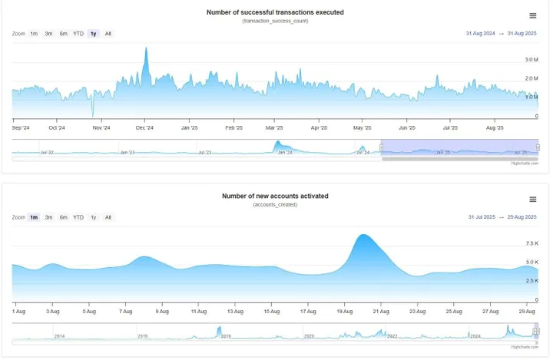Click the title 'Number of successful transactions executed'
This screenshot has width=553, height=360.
(x=275, y=12)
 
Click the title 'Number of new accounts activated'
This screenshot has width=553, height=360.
(x=275, y=196)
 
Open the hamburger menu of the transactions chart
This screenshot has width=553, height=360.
(x=533, y=15)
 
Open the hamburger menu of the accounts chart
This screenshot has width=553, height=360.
(x=533, y=200)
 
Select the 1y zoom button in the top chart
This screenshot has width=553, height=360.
(x=93, y=34)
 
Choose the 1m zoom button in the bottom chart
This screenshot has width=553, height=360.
(x=34, y=217)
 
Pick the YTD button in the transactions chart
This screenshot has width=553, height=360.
(x=78, y=34)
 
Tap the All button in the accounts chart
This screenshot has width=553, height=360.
(x=108, y=217)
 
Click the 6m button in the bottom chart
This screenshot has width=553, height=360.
(x=64, y=217)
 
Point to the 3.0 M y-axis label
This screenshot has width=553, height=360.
(x=531, y=59)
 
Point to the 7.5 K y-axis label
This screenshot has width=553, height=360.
(x=531, y=243)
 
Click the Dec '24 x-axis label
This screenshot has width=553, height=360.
(x=145, y=128)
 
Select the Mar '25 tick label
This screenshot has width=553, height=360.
(x=274, y=128)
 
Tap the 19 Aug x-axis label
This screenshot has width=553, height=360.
(x=343, y=311)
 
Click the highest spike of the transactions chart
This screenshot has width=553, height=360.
(x=146, y=48)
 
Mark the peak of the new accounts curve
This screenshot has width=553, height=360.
(x=364, y=235)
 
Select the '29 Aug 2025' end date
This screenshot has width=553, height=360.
(x=522, y=217)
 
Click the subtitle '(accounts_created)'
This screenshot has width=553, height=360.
(x=275, y=205)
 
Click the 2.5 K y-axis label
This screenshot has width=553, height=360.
(x=531, y=281)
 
